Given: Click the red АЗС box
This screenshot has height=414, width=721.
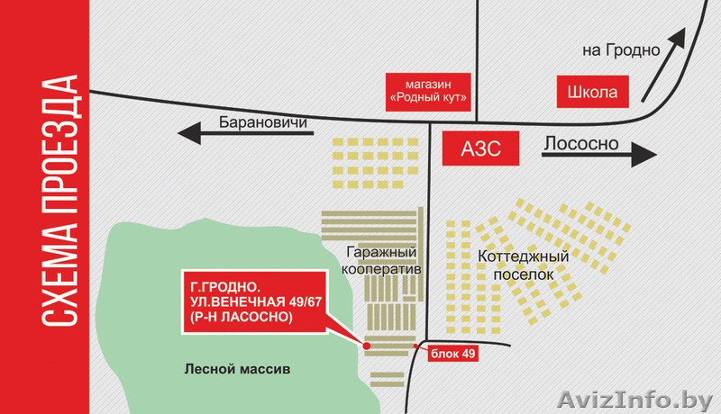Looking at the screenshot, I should pyautogui.click(x=482, y=147).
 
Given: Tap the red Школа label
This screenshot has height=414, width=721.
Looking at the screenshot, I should pyautogui.click(x=593, y=92).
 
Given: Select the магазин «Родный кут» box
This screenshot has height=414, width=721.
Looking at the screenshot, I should pyautogui.click(x=430, y=91).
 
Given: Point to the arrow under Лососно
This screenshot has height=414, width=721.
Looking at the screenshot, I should pyautogui.click(x=598, y=154).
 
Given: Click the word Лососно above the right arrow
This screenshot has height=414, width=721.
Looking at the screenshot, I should pyautogui.click(x=580, y=143).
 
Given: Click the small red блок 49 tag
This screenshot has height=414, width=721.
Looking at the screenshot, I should pyautogui.click(x=448, y=355).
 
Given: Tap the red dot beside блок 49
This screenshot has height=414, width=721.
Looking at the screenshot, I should pyautogui.click(x=415, y=346).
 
